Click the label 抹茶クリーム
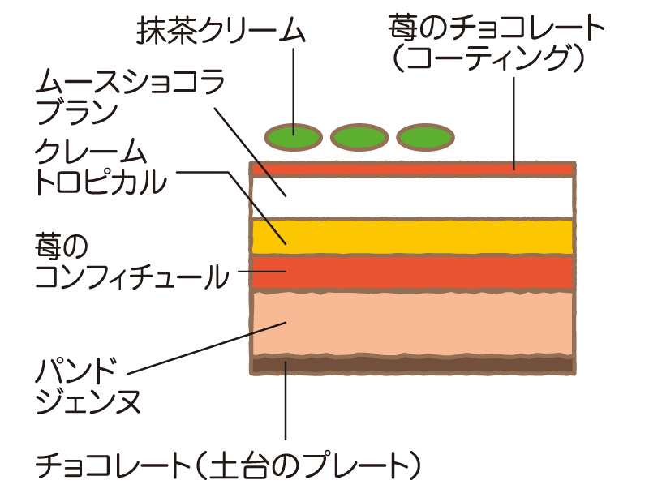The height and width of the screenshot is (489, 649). pos(221,31)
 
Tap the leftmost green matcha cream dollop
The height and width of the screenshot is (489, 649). pos(294,137)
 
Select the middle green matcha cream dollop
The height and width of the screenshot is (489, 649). pos(359,137)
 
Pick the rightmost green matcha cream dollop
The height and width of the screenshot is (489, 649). pos(426,137)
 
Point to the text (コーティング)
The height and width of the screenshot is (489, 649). pos(488,61)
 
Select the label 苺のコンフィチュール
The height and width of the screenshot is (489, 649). pos(130,262)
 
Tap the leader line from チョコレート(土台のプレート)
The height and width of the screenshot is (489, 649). pos(286,405)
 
